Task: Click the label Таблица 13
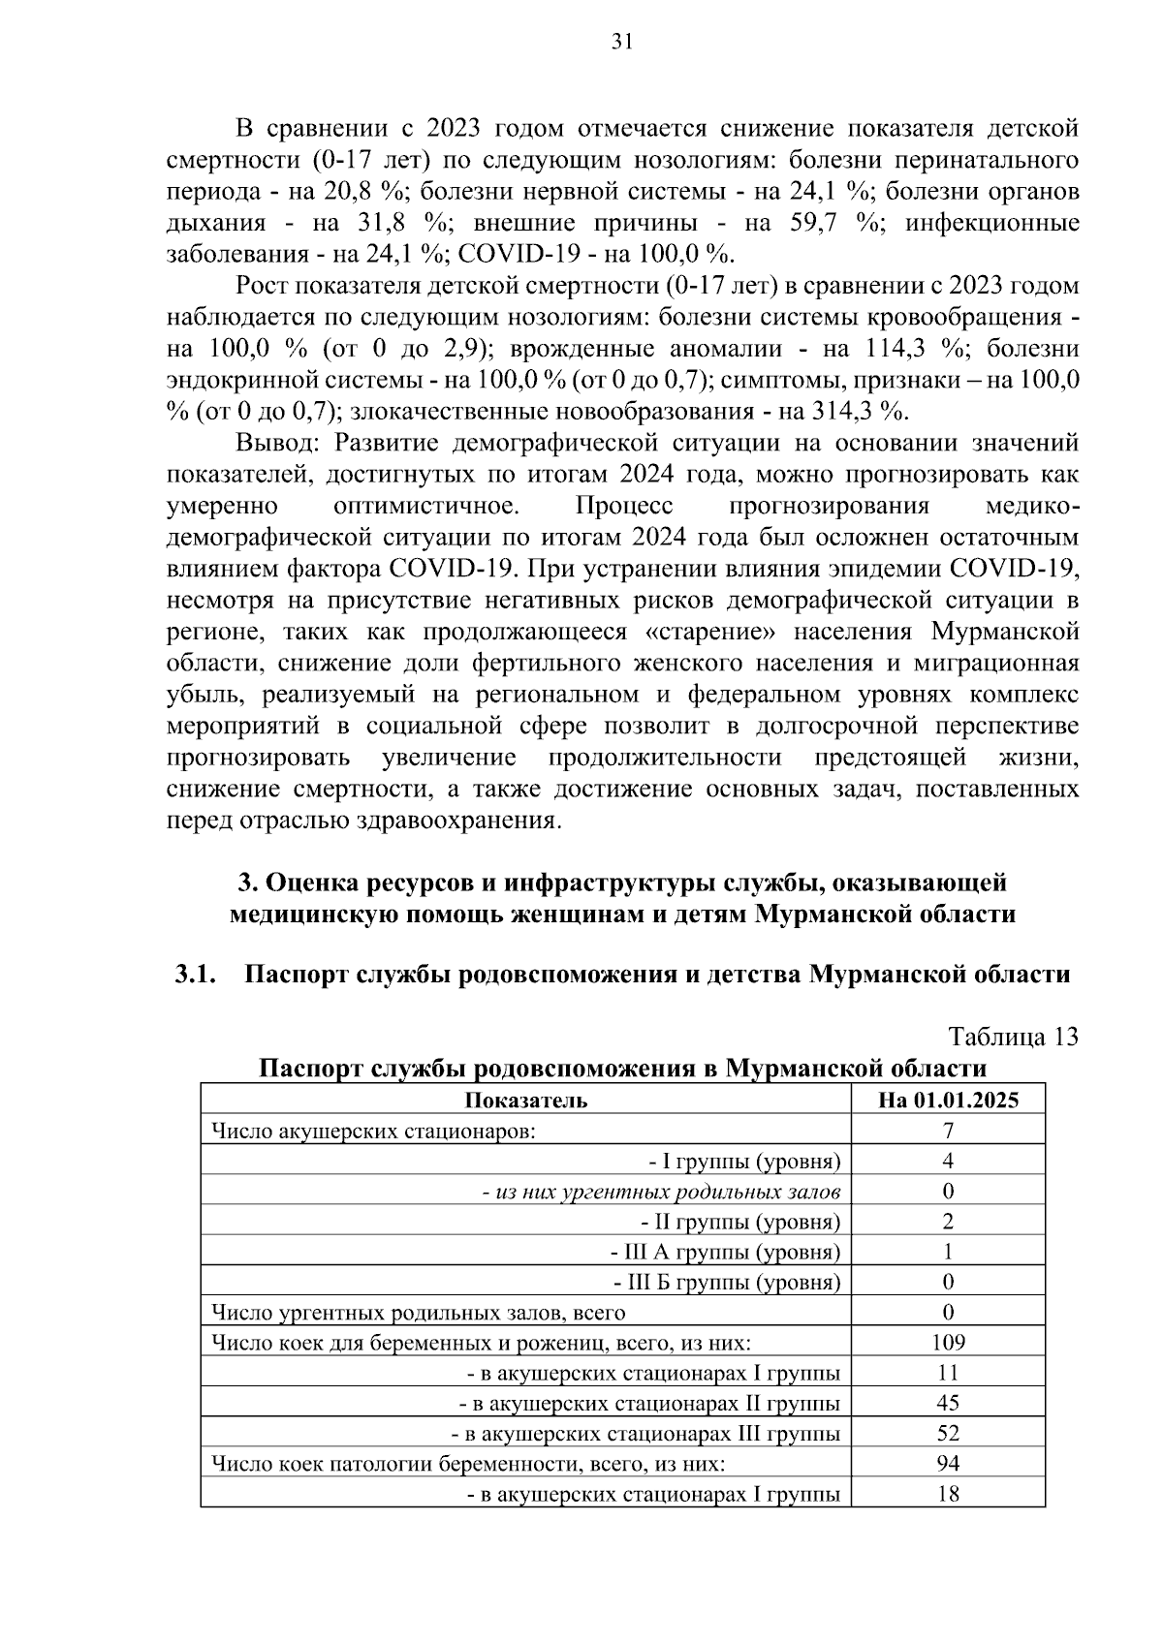click(1013, 1037)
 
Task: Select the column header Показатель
click(525, 1100)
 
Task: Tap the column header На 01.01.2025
click(948, 1100)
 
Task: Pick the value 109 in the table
click(948, 1342)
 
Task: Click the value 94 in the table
click(948, 1463)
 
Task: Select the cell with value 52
click(948, 1433)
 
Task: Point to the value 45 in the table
click(948, 1403)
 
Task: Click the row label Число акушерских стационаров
click(372, 1131)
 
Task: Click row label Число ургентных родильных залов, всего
click(418, 1313)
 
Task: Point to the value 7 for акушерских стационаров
click(948, 1131)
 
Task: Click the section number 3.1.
click(194, 975)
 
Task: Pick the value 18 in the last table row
click(948, 1494)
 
